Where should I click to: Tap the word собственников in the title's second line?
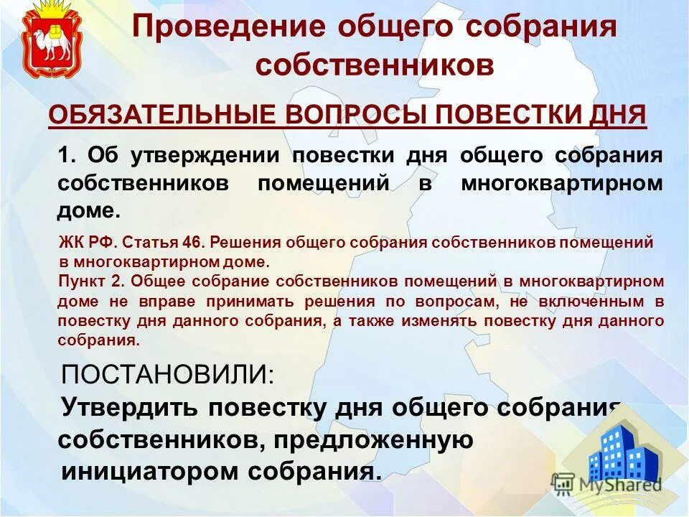(x=375, y=65)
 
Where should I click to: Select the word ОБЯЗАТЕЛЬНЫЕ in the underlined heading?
(x=162, y=115)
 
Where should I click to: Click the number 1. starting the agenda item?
(x=67, y=156)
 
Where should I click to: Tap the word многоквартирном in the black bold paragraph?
(x=561, y=183)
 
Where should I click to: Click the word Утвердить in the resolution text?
(x=129, y=407)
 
